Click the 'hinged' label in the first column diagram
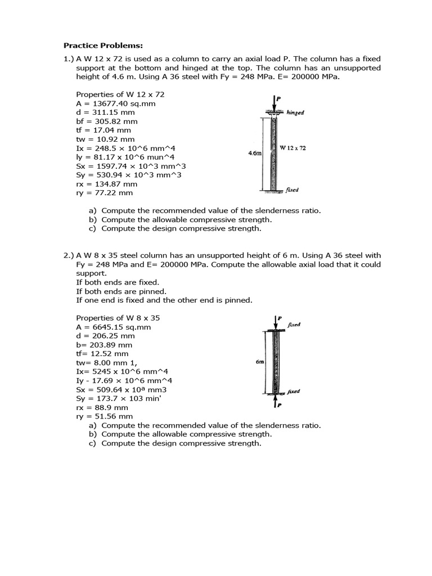295,112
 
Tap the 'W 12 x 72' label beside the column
292,147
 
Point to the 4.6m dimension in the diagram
255,152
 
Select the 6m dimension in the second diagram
260,362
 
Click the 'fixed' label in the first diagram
292,190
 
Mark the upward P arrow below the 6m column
275,402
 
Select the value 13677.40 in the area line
110,103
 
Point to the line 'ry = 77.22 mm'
104,192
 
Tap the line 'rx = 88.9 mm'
102,407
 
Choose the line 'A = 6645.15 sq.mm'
113,327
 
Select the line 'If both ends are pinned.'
121,291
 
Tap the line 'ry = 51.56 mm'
104,416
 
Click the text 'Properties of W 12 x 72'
120,94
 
